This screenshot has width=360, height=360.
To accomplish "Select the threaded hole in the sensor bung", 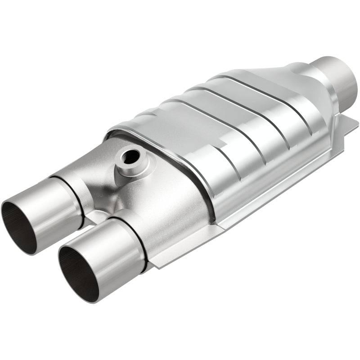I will (131, 157).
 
